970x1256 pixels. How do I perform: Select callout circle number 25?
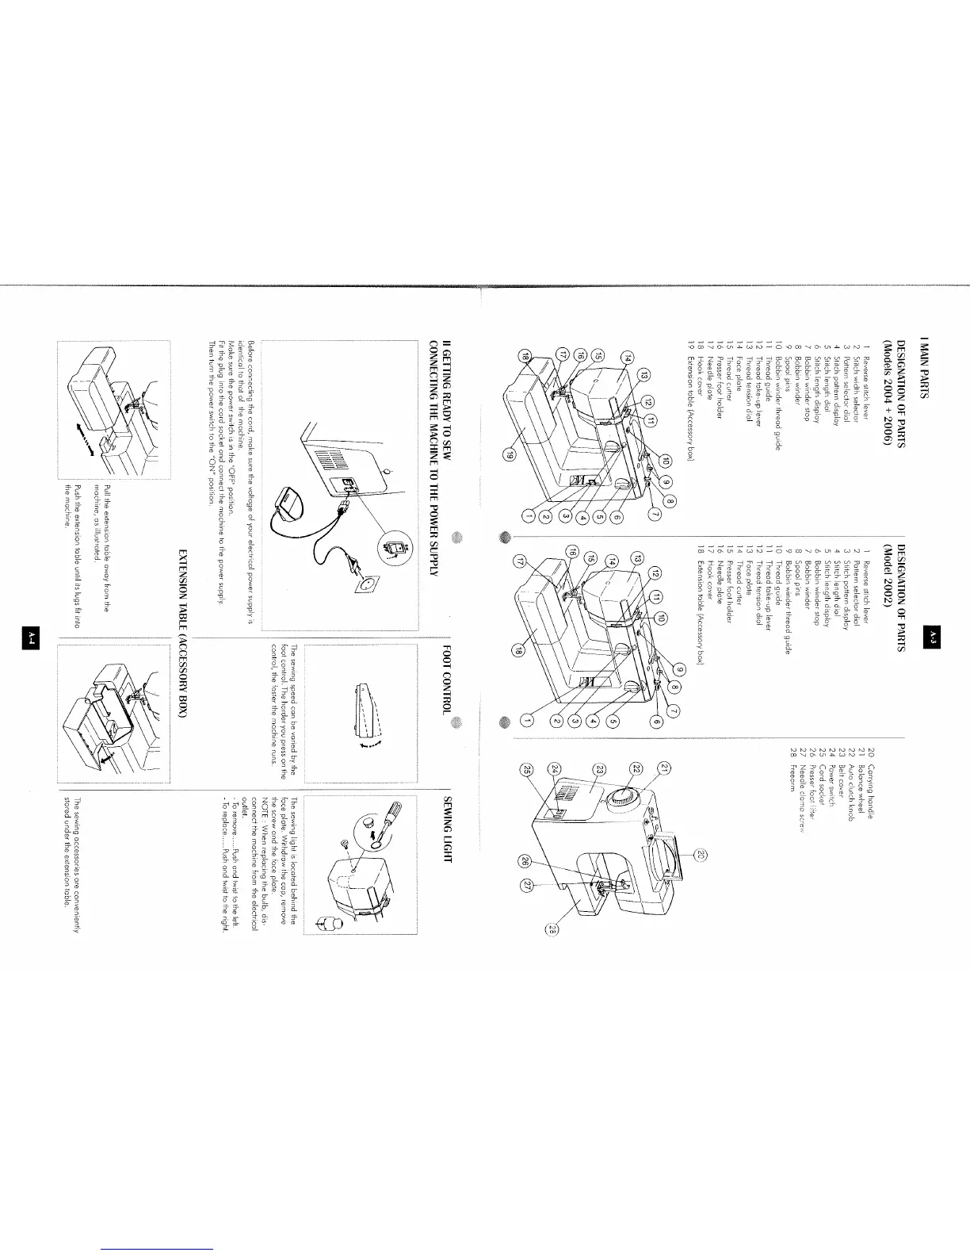525,770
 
